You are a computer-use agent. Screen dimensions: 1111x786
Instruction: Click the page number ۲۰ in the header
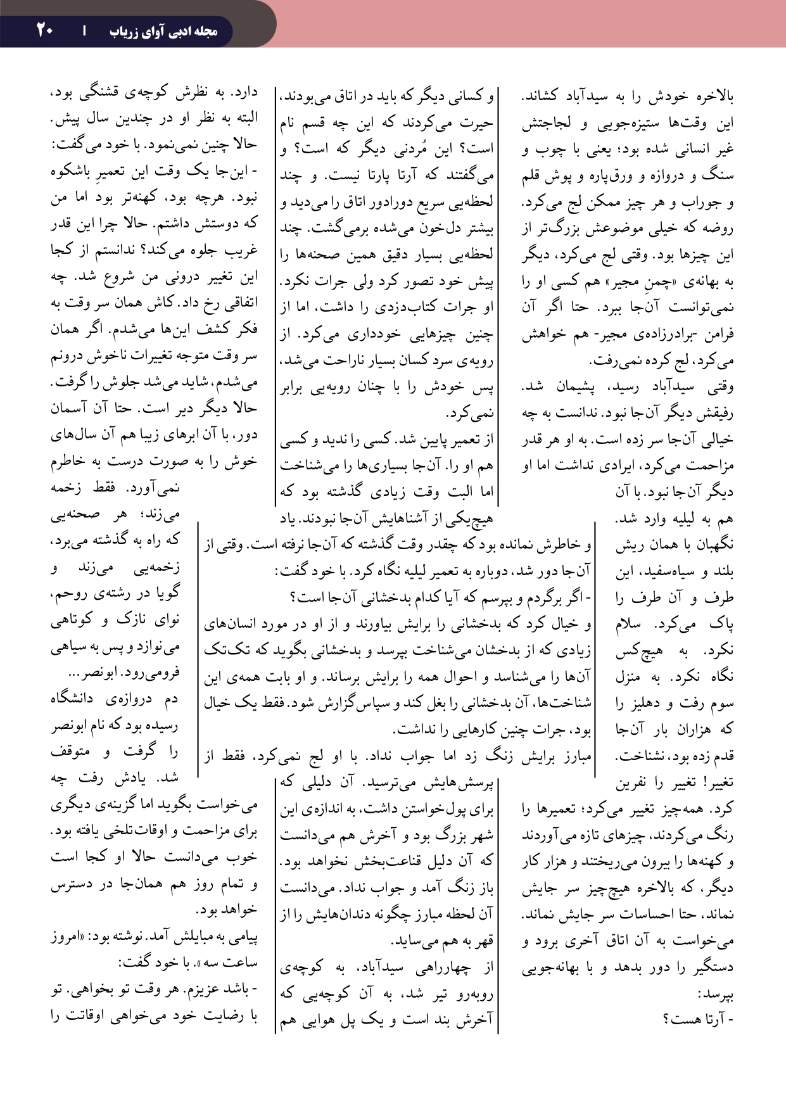coord(44,29)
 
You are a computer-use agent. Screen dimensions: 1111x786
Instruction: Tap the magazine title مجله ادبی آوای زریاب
coord(163,31)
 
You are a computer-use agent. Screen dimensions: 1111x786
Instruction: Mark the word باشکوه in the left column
coord(75,172)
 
